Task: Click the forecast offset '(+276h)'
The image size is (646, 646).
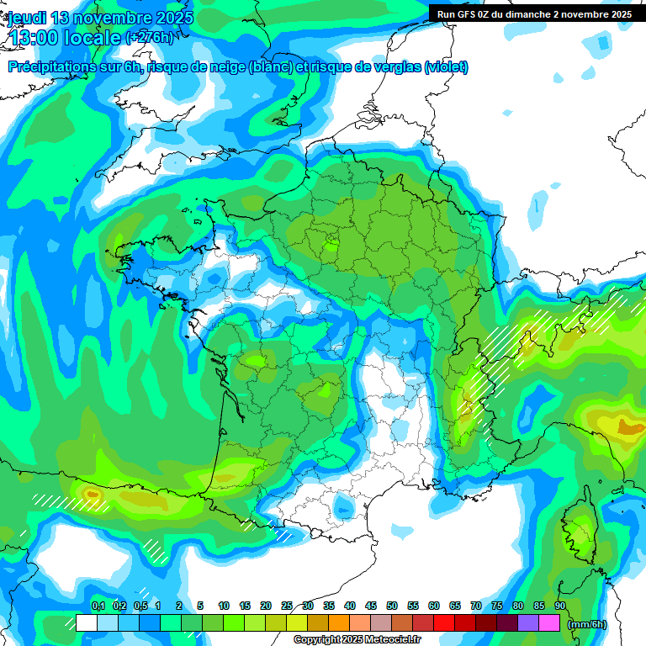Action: pyautogui.click(x=150, y=38)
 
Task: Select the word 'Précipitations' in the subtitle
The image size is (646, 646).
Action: pyautogui.click(x=51, y=67)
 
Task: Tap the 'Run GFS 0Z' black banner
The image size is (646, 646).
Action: pyautogui.click(x=534, y=14)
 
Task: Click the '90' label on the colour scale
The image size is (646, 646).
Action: pyautogui.click(x=559, y=606)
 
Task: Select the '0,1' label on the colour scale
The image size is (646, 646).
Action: pyautogui.click(x=98, y=606)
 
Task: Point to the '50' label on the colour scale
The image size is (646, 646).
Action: pyautogui.click(x=392, y=606)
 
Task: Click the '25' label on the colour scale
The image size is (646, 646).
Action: pyautogui.click(x=287, y=606)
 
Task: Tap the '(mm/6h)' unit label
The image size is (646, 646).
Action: pyautogui.click(x=587, y=624)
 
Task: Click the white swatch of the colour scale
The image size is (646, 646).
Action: pyautogui.click(x=86, y=623)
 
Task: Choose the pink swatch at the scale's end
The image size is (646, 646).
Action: pyautogui.click(x=549, y=623)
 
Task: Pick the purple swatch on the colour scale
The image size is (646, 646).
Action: pyautogui.click(x=528, y=623)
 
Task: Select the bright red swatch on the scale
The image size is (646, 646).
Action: pyautogui.click(x=444, y=623)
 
